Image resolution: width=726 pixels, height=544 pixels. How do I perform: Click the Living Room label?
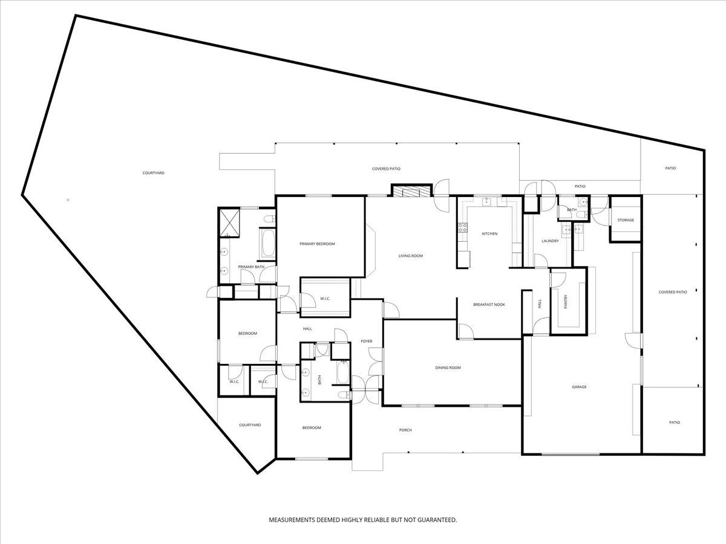[x=410, y=256]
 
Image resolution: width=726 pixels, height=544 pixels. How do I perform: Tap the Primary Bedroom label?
[x=317, y=244]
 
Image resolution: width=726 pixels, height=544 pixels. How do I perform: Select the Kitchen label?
[x=489, y=234]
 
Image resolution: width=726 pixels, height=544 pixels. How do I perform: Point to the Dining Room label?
[x=448, y=368]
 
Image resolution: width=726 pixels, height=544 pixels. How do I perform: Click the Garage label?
[x=579, y=387]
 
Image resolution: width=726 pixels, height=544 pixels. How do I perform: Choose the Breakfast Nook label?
[x=489, y=305]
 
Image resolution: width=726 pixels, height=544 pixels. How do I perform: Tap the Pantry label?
[x=566, y=302]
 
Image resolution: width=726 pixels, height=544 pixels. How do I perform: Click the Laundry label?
[x=550, y=241]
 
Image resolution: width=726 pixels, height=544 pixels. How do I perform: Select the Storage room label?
[x=626, y=220]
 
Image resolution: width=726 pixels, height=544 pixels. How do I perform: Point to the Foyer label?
[x=367, y=341]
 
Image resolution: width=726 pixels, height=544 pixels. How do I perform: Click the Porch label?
[x=405, y=430]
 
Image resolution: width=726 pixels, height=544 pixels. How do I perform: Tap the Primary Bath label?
[x=251, y=267]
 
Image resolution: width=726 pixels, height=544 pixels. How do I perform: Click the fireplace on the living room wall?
[x=412, y=191]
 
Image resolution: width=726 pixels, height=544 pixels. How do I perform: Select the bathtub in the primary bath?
[x=268, y=243]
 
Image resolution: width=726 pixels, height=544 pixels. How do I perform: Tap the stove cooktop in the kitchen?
[x=462, y=227]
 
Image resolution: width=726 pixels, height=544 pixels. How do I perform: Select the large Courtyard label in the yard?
[x=154, y=173]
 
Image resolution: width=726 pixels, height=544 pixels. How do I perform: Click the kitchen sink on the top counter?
[x=487, y=202]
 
